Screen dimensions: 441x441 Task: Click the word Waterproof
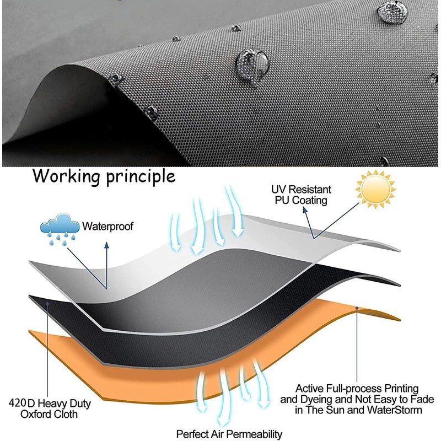click(108, 226)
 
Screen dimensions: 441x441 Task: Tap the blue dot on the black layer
click(49, 303)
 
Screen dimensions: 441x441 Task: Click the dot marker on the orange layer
click(357, 308)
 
